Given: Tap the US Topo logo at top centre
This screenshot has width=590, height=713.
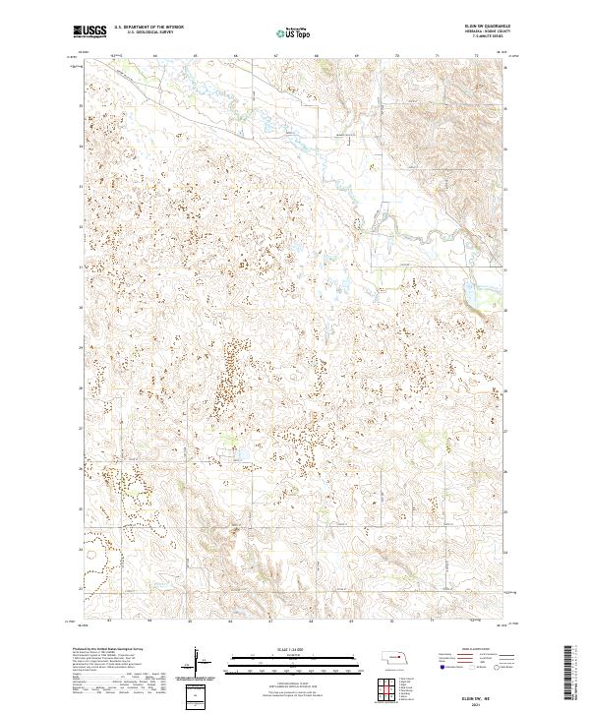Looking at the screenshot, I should coord(295,32).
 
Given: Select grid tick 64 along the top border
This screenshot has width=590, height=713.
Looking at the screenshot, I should coord(157,56).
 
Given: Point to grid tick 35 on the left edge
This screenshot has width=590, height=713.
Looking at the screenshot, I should coord(81,105).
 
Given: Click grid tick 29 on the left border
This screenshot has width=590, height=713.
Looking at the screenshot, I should coord(81,347).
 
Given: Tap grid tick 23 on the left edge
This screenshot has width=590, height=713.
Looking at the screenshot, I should coord(81,588).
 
